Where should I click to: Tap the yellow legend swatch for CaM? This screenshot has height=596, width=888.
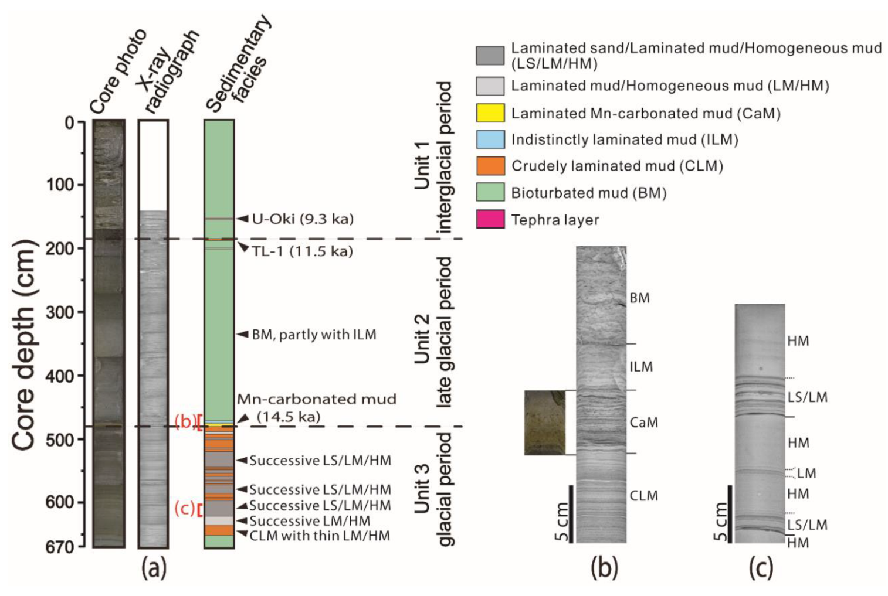490,113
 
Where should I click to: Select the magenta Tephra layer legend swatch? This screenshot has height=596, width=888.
490,220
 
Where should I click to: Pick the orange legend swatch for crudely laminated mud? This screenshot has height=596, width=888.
490,166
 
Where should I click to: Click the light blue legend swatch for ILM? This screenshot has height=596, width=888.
490,139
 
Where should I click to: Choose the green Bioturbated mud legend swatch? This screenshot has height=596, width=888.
490,193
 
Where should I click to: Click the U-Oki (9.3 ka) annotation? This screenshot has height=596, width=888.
302,219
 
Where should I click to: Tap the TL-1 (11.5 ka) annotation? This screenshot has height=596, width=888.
302,251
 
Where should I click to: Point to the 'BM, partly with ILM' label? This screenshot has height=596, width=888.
314,335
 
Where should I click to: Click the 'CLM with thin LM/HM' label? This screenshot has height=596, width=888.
319,536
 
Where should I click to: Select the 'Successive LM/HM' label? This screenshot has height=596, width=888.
310,521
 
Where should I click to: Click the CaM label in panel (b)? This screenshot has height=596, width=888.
643,423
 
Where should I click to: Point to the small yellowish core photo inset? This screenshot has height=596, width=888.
544,423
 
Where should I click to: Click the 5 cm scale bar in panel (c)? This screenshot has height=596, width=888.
729,514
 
